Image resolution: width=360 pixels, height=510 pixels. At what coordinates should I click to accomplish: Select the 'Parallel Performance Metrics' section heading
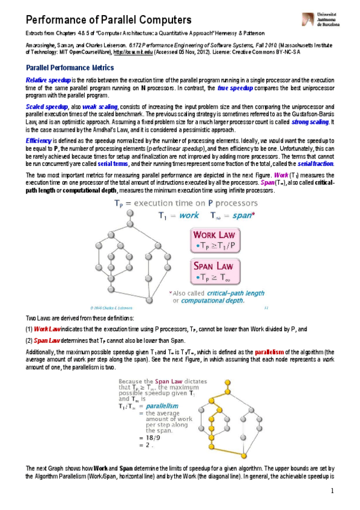(x=66, y=68)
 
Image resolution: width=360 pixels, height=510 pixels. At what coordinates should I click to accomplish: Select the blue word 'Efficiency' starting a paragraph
(x=38, y=139)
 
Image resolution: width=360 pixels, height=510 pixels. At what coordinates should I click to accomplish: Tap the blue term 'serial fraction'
(x=316, y=164)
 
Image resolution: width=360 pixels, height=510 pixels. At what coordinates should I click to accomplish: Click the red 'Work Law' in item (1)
(x=47, y=329)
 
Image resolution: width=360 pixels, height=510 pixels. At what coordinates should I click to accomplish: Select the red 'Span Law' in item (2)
(x=47, y=340)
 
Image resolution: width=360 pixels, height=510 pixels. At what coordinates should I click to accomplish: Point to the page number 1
(x=332, y=491)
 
